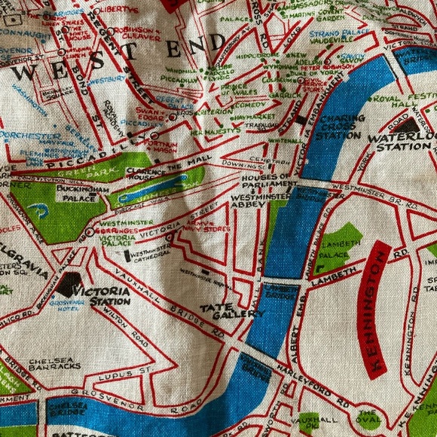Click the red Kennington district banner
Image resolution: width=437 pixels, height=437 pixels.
tap(374, 308)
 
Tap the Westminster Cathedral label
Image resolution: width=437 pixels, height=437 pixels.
tap(150, 255)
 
